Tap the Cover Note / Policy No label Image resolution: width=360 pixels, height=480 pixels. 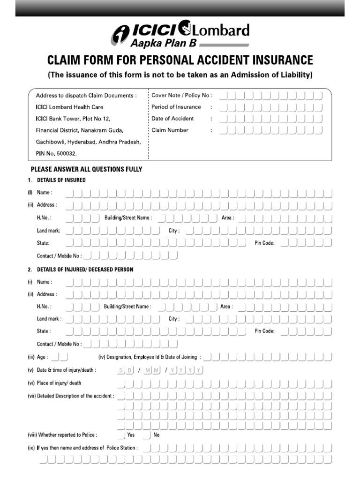(181, 95)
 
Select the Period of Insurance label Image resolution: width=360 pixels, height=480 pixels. (176, 107)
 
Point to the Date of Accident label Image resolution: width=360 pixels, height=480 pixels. (172, 119)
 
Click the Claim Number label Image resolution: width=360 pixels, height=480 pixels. (170, 130)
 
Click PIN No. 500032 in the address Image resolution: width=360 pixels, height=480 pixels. (56, 153)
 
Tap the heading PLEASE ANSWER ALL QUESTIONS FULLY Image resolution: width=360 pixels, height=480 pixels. (86, 169)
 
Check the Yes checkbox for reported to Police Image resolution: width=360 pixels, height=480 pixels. (121, 435)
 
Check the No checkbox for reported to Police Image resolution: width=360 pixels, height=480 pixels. (147, 435)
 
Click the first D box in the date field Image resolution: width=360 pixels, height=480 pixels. (120, 370)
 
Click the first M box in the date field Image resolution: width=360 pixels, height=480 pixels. (148, 370)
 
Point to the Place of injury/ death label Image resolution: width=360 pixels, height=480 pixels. (59, 383)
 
